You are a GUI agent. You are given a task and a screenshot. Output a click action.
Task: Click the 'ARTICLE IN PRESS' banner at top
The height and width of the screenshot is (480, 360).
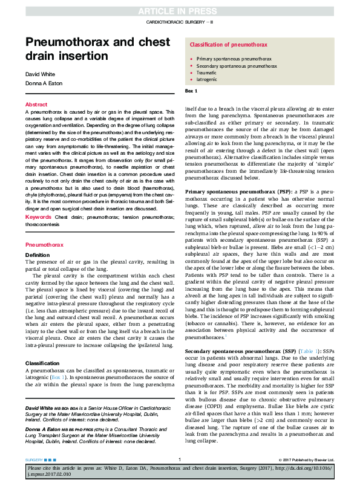(180, 11)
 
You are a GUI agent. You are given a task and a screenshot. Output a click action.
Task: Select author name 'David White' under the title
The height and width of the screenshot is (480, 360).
(40, 74)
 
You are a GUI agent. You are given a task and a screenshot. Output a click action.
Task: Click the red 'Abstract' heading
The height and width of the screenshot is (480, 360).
(36, 105)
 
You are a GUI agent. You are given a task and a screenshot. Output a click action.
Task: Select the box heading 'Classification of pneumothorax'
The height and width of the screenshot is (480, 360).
(228, 45)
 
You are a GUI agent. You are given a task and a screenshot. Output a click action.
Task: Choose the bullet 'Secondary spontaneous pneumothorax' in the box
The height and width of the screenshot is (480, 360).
(232, 65)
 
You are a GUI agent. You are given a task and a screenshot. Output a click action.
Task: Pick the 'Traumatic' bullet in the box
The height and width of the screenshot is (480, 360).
(206, 73)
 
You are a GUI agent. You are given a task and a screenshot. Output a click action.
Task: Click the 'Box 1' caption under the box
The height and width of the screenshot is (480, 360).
(191, 91)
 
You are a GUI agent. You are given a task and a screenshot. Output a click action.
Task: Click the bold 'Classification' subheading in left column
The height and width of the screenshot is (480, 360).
(42, 364)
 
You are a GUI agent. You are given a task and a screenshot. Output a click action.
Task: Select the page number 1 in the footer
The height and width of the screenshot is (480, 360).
(180, 459)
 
